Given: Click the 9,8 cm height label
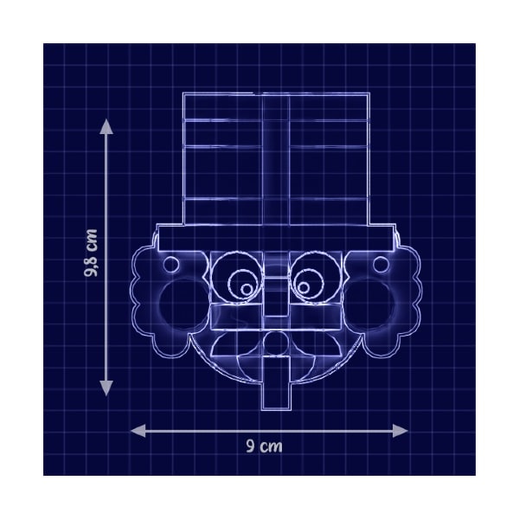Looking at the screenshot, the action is click(91, 253).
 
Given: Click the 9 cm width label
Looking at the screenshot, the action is click(264, 446).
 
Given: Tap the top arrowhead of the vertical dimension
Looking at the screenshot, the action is click(106, 126).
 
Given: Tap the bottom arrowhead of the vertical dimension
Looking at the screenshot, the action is click(106, 388).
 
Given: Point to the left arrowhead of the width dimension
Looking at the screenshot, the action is click(138, 431).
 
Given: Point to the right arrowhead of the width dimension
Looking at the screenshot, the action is click(400, 431).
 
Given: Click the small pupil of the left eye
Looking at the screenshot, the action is click(247, 290).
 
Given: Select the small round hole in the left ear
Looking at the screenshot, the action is click(171, 265).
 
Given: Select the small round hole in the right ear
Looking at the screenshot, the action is click(381, 265).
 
